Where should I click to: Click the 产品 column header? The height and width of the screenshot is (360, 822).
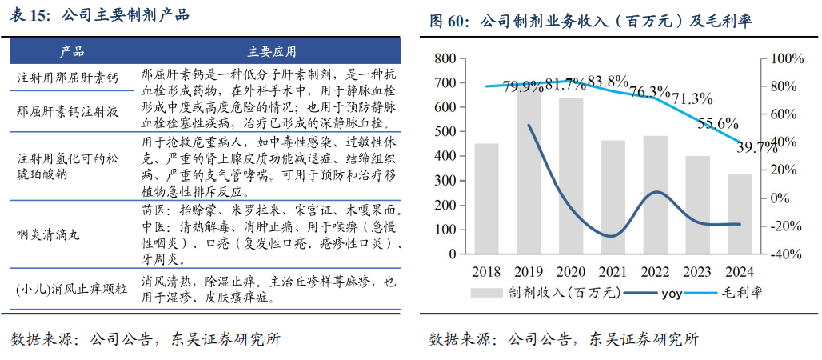[72, 52]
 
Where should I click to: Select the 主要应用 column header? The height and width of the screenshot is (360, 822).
[272, 52]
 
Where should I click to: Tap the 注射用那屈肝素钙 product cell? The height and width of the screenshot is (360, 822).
[67, 78]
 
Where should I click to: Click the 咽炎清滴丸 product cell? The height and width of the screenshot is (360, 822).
[50, 234]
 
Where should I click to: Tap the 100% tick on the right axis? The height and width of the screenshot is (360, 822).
[786, 59]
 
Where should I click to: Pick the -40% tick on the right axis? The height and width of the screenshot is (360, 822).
[786, 254]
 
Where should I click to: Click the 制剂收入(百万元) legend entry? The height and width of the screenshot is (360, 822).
[552, 293]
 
